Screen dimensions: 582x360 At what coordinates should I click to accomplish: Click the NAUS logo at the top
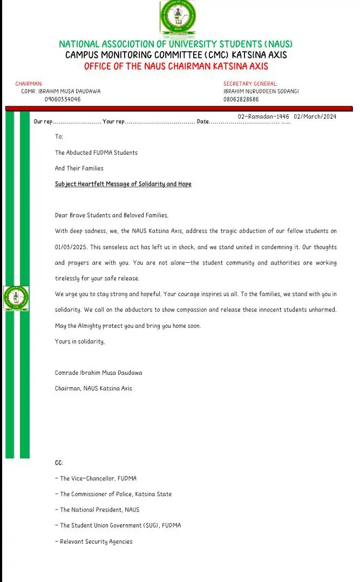178,17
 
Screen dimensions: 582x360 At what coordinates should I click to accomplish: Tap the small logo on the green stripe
16,298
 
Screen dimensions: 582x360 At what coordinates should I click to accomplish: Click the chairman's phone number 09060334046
63,99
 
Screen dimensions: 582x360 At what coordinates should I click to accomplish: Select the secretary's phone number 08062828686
241,99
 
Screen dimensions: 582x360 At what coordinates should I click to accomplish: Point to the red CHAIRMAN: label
29,84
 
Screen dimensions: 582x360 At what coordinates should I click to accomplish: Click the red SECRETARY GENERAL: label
250,84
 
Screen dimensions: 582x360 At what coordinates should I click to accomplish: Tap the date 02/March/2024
315,117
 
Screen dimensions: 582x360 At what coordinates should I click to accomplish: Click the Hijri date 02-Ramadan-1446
263,117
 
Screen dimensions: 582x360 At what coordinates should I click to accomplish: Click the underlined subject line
123,184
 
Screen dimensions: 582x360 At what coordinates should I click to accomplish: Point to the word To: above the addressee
59,137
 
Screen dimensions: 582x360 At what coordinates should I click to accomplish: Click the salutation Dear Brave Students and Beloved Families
112,215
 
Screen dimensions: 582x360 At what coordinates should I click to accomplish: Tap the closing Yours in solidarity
80,341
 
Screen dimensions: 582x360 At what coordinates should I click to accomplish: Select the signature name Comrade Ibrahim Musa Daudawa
99,373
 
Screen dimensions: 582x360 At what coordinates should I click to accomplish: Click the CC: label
59,463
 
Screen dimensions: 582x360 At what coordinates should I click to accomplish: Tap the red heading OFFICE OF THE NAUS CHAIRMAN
176,66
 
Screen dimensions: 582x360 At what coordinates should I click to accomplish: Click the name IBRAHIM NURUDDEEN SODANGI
261,92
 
